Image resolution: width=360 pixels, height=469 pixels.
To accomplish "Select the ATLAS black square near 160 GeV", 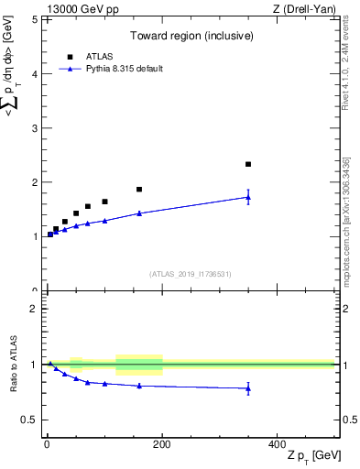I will tap(139, 190).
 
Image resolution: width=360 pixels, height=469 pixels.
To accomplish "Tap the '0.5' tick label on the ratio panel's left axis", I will tap(29, 420).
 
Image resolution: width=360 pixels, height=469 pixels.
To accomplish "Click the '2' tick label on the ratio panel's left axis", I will tap(34, 309).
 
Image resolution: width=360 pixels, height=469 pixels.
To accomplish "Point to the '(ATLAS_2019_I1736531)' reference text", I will tap(190, 273).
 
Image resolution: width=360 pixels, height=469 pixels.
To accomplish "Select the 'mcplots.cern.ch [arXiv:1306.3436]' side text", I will tap(345, 220).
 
